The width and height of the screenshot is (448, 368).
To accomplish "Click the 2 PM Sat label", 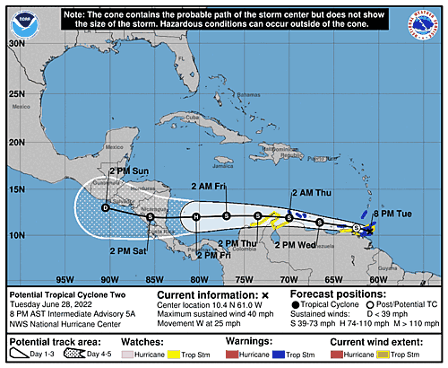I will coord(127,250).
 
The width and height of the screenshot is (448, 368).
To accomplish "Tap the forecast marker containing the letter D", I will coord(105,208).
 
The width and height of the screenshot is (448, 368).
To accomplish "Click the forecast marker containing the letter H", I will coord(195,216).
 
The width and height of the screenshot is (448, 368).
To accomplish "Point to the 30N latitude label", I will coord(16,42).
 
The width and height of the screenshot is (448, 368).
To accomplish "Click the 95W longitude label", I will coord(65,278).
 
